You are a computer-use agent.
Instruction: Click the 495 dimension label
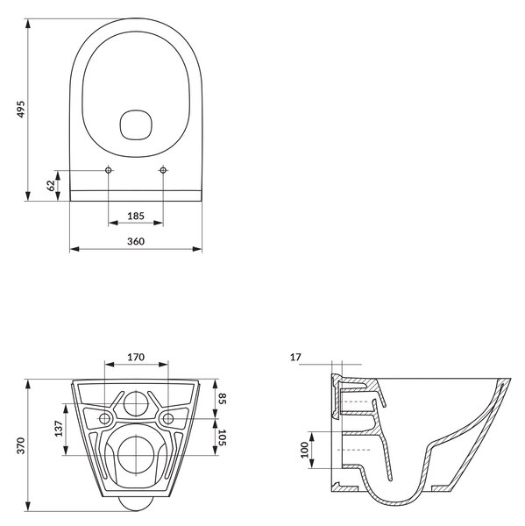point(21,109)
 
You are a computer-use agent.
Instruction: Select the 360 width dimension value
point(136,241)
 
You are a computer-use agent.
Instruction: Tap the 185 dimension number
point(136,216)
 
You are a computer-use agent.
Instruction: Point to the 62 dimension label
point(51,186)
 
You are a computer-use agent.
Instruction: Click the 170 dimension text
point(136,357)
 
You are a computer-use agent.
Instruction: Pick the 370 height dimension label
point(21,445)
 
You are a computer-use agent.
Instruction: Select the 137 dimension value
point(59,429)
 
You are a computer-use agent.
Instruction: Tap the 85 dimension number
point(223,399)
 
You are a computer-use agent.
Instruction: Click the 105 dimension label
point(223,437)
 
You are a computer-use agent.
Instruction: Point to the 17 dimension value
point(295,358)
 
